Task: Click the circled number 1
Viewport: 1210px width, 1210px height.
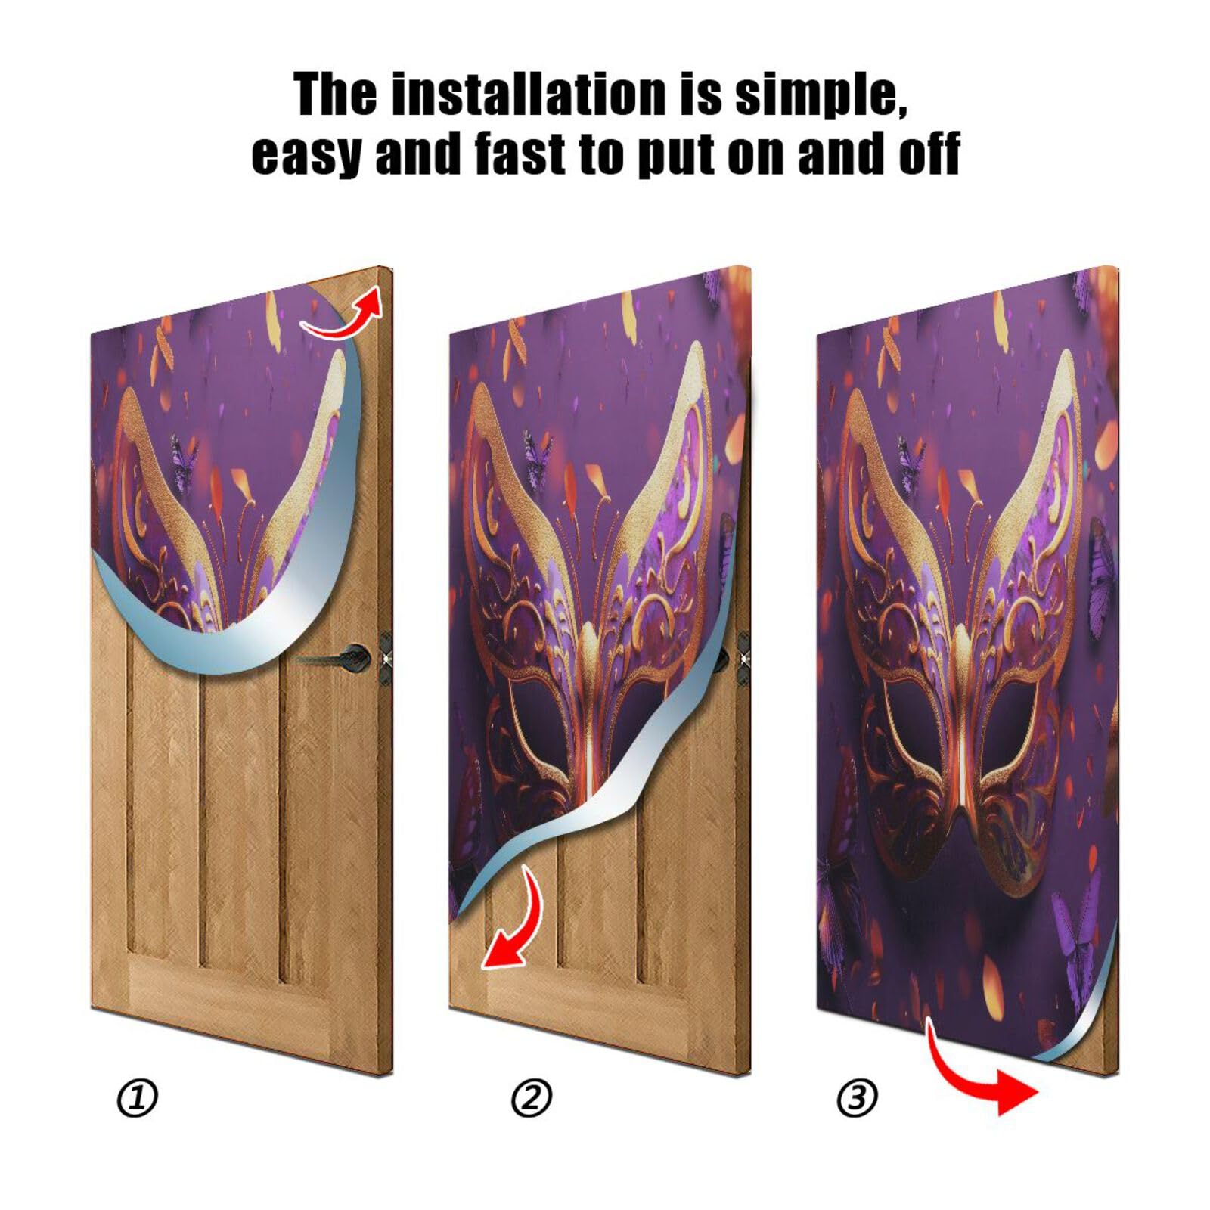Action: [138, 1098]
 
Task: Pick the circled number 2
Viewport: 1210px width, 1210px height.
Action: [532, 1098]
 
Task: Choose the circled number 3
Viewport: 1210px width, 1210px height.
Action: [857, 1098]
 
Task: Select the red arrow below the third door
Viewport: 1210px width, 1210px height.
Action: [983, 1074]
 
